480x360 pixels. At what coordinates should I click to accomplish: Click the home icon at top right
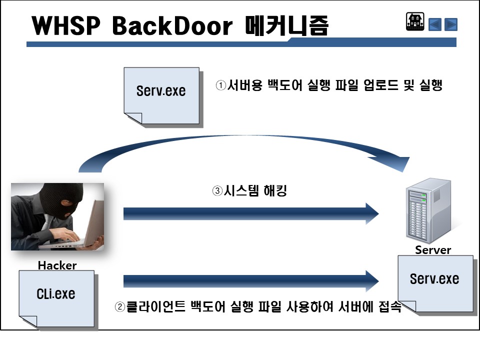click(x=415, y=22)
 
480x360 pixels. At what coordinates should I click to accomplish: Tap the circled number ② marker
click(x=120, y=306)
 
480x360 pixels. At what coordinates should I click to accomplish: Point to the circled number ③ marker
click(x=217, y=191)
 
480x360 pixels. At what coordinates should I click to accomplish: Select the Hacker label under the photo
click(x=57, y=265)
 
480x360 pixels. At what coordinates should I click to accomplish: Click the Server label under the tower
click(x=433, y=250)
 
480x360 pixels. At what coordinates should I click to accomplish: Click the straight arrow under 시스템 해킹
click(x=250, y=214)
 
